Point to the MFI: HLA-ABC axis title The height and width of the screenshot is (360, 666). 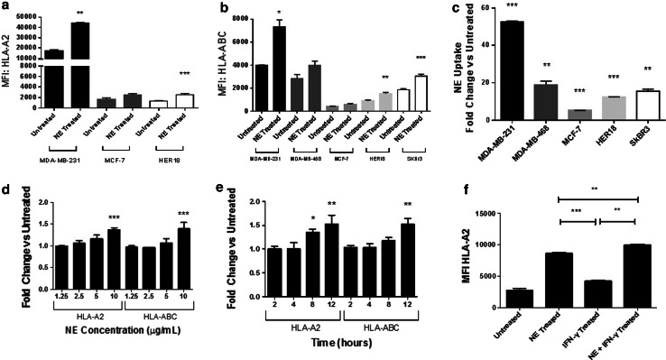point(237,62)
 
